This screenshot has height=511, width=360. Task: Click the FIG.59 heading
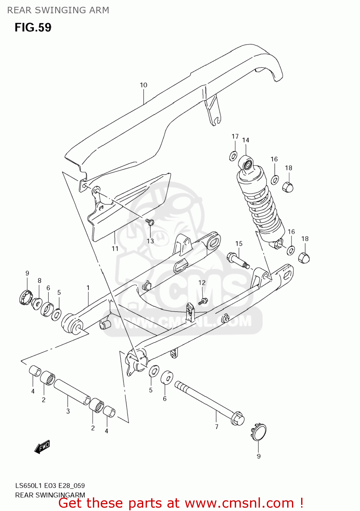click(33, 28)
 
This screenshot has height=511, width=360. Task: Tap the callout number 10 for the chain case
click(144, 85)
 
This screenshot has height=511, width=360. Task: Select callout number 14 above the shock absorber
click(246, 140)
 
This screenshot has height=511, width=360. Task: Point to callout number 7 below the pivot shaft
click(217, 427)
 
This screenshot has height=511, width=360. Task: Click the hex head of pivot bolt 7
click(238, 418)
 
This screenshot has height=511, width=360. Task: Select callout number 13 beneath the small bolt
click(150, 241)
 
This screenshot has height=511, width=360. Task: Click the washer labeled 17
click(233, 156)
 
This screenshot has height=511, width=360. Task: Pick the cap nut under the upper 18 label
click(288, 187)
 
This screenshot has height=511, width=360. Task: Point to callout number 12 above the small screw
click(202, 283)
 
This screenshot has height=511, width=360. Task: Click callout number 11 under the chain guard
click(115, 249)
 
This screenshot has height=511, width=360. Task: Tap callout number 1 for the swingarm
click(88, 288)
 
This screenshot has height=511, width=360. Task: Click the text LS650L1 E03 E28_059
click(50, 485)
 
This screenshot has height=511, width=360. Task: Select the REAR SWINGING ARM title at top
click(58, 10)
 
